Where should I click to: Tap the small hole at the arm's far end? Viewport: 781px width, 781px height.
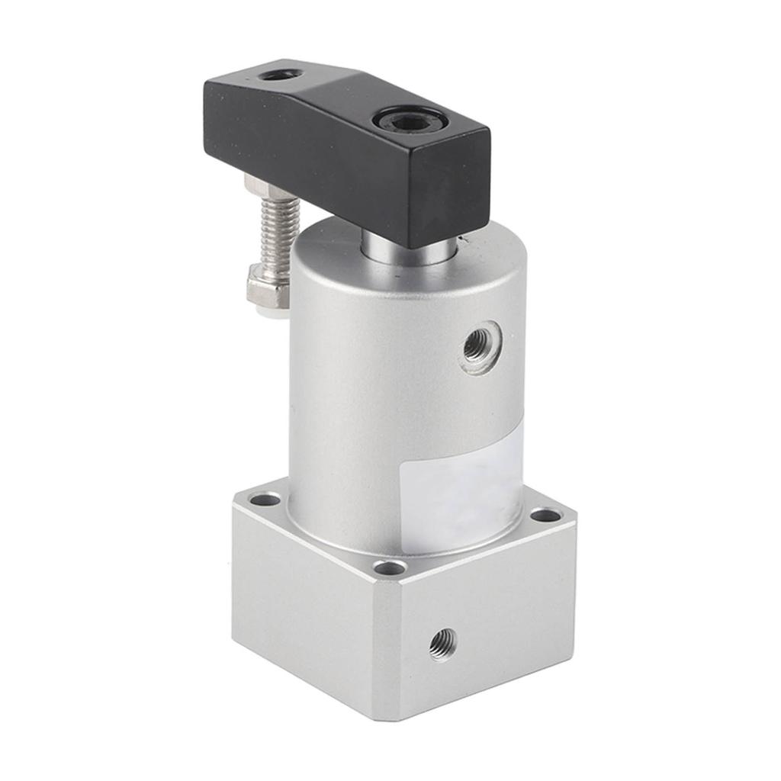pyautogui.click(x=279, y=75)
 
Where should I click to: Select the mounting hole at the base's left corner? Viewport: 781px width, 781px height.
pyautogui.click(x=265, y=500)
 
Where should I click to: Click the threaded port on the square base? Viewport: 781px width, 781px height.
pyautogui.click(x=442, y=644)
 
